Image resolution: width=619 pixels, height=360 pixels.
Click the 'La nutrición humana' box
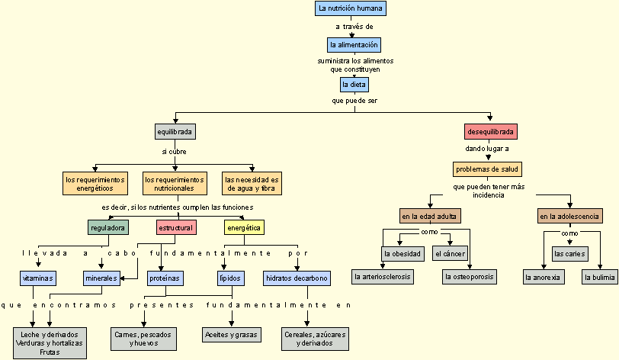pos(351,8)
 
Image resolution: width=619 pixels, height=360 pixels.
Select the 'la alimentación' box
pos(354,45)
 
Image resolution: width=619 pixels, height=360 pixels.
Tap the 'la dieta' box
pos(354,84)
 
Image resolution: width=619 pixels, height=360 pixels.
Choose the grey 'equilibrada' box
pos(175,131)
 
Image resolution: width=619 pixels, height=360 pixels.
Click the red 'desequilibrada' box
pos(491,131)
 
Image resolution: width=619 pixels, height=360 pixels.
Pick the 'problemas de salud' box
pos(488,169)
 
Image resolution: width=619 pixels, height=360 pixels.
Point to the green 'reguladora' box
pos(107,227)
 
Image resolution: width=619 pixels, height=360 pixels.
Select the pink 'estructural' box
pos(175,227)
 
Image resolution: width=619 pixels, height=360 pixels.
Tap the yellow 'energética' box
pos(244,227)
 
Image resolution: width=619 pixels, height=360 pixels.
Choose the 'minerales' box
pos(101,278)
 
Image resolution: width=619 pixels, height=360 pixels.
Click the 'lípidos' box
pos(230,278)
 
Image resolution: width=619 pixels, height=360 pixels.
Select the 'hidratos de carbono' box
pos(297,278)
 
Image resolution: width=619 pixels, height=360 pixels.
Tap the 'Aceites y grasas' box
pos(231,334)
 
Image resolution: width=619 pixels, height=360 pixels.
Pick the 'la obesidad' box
pos(402,253)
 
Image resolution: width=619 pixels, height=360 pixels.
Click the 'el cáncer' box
pos(448,253)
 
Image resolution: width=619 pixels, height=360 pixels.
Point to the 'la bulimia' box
pos(599,277)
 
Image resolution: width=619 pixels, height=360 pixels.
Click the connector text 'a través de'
pos(354,27)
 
